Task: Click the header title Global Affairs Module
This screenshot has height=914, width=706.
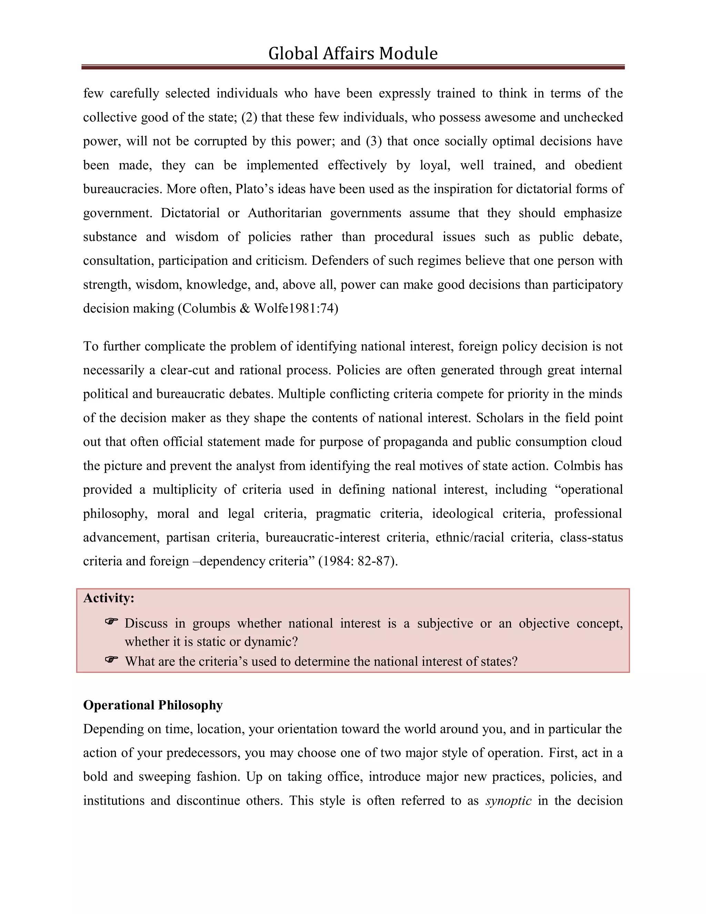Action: pos(353,53)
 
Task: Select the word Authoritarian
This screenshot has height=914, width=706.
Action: pos(284,213)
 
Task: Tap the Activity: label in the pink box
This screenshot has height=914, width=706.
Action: pos(109,598)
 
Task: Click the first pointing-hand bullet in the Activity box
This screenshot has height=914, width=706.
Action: pos(111,622)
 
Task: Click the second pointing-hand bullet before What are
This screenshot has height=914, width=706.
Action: pos(111,660)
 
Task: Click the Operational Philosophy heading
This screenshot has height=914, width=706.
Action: pos(153,705)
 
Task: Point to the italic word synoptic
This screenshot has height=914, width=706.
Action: pos(508,801)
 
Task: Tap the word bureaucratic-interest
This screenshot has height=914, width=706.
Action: pos(322,537)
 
